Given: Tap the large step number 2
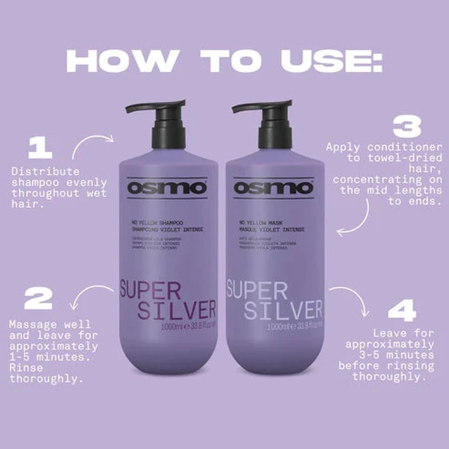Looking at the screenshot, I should [x=38, y=299].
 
